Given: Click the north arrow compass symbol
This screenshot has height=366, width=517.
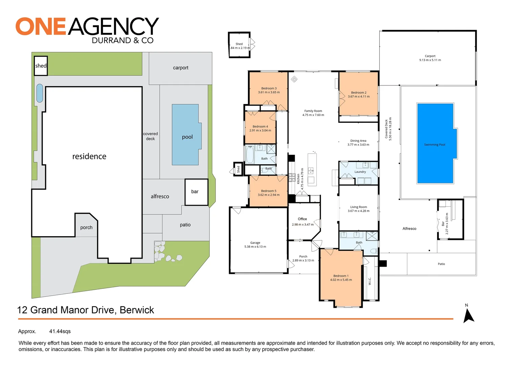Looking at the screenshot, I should click(x=468, y=315).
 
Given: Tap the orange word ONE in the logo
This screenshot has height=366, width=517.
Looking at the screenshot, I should click(x=41, y=26).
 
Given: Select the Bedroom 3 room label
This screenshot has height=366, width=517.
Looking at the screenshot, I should click(x=269, y=88).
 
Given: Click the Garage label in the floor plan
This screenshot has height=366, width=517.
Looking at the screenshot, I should click(x=255, y=243).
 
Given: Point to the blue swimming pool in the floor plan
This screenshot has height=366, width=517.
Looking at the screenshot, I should click(x=435, y=143).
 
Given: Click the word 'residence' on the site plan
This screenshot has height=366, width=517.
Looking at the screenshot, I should click(x=89, y=156).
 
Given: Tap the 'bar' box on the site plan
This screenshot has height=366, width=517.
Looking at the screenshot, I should click(x=196, y=192).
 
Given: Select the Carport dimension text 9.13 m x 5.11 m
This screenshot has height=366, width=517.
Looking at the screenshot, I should click(x=430, y=60).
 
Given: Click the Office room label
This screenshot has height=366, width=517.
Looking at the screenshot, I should click(x=302, y=219).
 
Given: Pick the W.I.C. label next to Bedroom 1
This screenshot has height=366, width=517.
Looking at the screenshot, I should click(x=370, y=281).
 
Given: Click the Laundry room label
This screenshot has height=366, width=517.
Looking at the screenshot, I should click(x=360, y=172).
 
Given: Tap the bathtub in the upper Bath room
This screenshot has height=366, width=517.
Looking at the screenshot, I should click(x=250, y=155).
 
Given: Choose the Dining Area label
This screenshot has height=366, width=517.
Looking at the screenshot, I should click(x=358, y=141).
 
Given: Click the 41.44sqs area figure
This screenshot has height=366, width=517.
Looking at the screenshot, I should click(x=60, y=331).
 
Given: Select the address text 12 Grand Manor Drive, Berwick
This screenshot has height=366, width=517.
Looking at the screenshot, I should click(x=86, y=310).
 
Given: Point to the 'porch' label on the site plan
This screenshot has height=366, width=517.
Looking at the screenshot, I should click(x=86, y=227).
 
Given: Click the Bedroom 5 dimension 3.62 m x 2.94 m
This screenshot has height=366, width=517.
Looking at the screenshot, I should click(x=269, y=195).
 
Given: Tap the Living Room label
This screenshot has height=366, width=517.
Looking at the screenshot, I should click(x=358, y=207).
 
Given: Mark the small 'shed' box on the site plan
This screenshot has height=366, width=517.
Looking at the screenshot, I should click(x=41, y=66).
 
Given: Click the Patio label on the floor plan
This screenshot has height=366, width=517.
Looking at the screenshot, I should click(x=441, y=264).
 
